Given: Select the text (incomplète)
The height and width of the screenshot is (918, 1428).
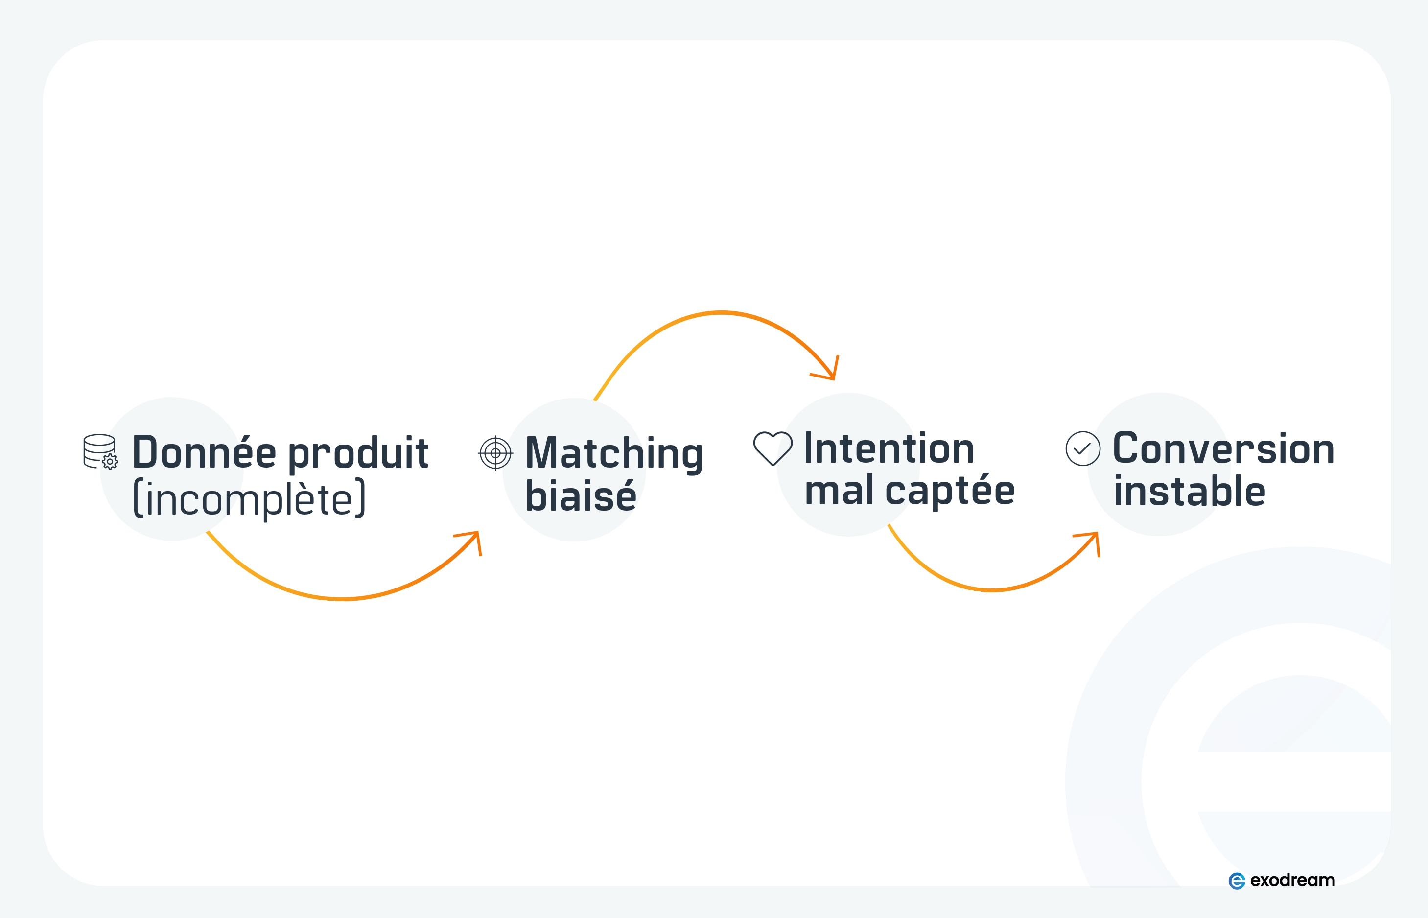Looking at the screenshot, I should tap(249, 499).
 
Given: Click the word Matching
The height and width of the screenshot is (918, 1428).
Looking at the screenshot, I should tap(614, 454).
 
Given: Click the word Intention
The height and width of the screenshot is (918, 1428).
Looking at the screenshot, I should tap(889, 448).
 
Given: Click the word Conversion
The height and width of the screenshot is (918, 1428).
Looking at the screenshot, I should tap(1223, 448).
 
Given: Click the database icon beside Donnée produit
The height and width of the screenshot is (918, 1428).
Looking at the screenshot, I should tap(99, 450).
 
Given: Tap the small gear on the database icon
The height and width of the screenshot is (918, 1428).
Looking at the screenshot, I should tap(110, 461).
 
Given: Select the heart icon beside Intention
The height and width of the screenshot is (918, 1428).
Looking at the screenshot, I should tap(773, 447).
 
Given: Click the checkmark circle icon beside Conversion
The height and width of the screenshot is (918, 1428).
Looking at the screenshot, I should tap(1082, 449).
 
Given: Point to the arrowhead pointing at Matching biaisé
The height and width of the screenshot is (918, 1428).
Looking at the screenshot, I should tap(475, 537).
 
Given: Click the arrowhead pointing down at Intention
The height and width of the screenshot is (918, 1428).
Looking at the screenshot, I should tap(831, 373).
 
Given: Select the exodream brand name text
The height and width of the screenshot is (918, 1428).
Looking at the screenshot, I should tap(1292, 880).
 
